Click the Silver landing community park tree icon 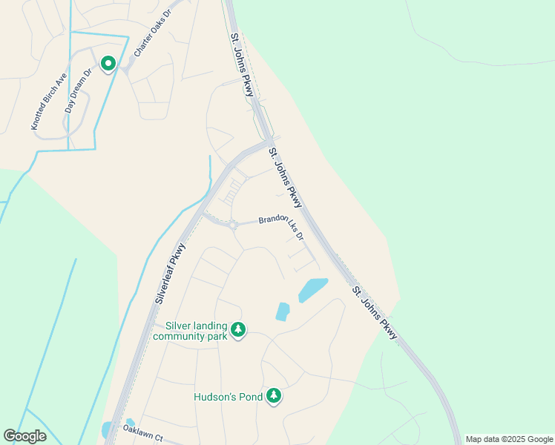237,329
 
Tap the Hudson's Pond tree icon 275,395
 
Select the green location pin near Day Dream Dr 108,64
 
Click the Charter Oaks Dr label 153,34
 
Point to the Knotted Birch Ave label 49,101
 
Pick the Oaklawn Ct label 142,433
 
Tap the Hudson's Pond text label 229,397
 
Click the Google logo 24,436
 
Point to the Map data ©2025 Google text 510,439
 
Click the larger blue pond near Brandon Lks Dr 312,289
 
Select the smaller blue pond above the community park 282,311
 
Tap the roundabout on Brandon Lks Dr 233,225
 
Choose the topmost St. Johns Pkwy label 243,65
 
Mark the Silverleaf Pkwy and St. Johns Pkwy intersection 269,142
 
